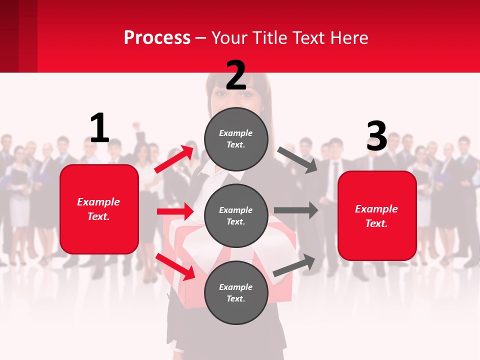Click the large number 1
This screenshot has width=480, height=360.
point(99,128)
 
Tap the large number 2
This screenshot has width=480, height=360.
point(236,75)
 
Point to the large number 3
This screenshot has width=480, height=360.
point(377,136)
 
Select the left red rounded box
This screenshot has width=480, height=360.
point(99,209)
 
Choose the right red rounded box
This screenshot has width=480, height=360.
point(377,216)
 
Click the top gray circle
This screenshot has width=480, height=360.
point(236,139)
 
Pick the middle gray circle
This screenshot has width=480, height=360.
point(236,216)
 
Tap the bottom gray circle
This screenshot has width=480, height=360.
point(236,293)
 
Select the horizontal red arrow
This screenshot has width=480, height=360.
point(175,211)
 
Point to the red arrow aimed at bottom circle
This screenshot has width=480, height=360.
point(175,266)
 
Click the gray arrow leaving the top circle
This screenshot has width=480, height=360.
point(297,159)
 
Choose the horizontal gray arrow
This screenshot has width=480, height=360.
point(296,210)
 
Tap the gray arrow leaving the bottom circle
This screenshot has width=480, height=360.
point(294,264)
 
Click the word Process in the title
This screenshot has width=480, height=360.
point(157,37)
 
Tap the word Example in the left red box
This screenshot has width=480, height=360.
point(98,202)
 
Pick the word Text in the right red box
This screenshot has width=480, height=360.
point(375,223)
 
